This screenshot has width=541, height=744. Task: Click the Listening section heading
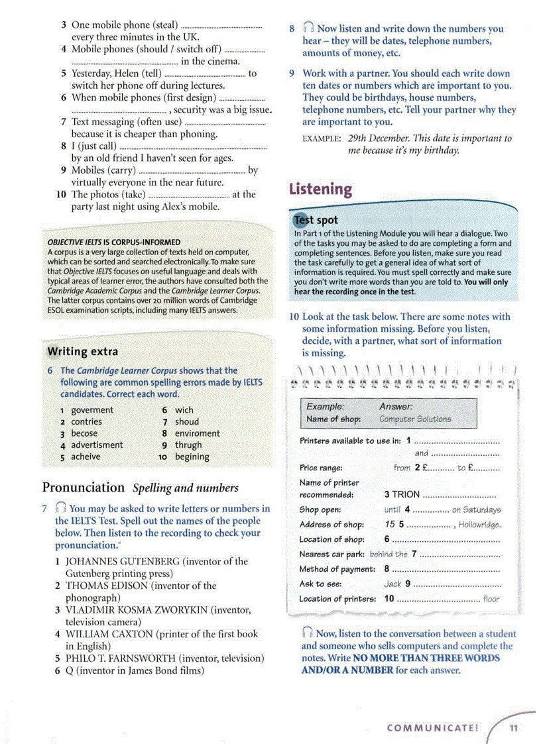pos(321,189)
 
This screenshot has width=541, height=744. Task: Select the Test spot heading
pos(316,220)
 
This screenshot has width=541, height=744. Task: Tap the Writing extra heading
pos(83,351)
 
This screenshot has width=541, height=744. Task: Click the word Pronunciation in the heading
pos(84,488)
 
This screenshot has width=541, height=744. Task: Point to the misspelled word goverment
pos(92,410)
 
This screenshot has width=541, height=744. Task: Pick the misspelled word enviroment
pos(197,433)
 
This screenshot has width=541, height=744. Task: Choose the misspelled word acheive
pos(86,456)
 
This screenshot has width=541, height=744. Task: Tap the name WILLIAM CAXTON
pos(109,634)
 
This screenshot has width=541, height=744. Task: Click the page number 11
pos(513,727)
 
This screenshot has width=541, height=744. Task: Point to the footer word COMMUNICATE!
pos(432,727)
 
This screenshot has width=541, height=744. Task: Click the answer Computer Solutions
pos(415,419)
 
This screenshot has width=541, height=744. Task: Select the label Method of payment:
pos(337,569)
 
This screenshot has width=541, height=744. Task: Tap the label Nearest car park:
pos(332,555)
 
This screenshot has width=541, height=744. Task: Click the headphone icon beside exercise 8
pos(308,28)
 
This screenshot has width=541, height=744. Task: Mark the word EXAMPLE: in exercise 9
pos(322,138)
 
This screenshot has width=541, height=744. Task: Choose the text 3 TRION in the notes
pos(402,494)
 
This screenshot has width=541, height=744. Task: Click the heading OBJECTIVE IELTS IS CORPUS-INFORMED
pos(113,242)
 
